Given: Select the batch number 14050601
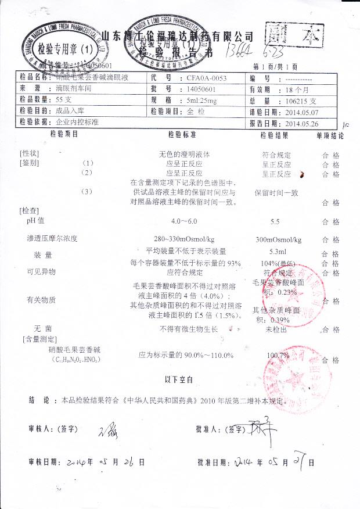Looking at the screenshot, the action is (201, 89).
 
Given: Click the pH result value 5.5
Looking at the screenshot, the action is (275, 222).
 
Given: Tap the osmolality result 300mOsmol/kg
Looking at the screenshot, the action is (278, 239).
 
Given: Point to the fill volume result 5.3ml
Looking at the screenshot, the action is (278, 253).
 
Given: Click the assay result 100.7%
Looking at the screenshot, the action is (278, 355).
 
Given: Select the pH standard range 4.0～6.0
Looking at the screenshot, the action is (184, 222).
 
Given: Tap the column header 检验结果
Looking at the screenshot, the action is (275, 135).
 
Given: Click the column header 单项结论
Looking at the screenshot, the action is (330, 135).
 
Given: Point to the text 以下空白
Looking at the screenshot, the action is (179, 380).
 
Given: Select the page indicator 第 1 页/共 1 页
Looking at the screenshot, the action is (276, 67).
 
